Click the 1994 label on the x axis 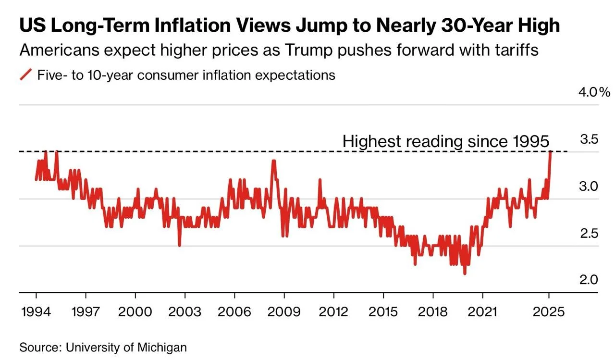36,312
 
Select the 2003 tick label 184,312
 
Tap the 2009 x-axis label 284,312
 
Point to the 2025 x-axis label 549,312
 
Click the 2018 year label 433,312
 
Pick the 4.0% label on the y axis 594,92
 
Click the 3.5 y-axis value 589,139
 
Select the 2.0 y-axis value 589,280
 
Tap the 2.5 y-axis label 589,234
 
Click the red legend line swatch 26,74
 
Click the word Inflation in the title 193,25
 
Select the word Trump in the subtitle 308,50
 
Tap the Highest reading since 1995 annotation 446,141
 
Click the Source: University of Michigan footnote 103,348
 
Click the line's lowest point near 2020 465,273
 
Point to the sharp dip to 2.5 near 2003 180,245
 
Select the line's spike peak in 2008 273,161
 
